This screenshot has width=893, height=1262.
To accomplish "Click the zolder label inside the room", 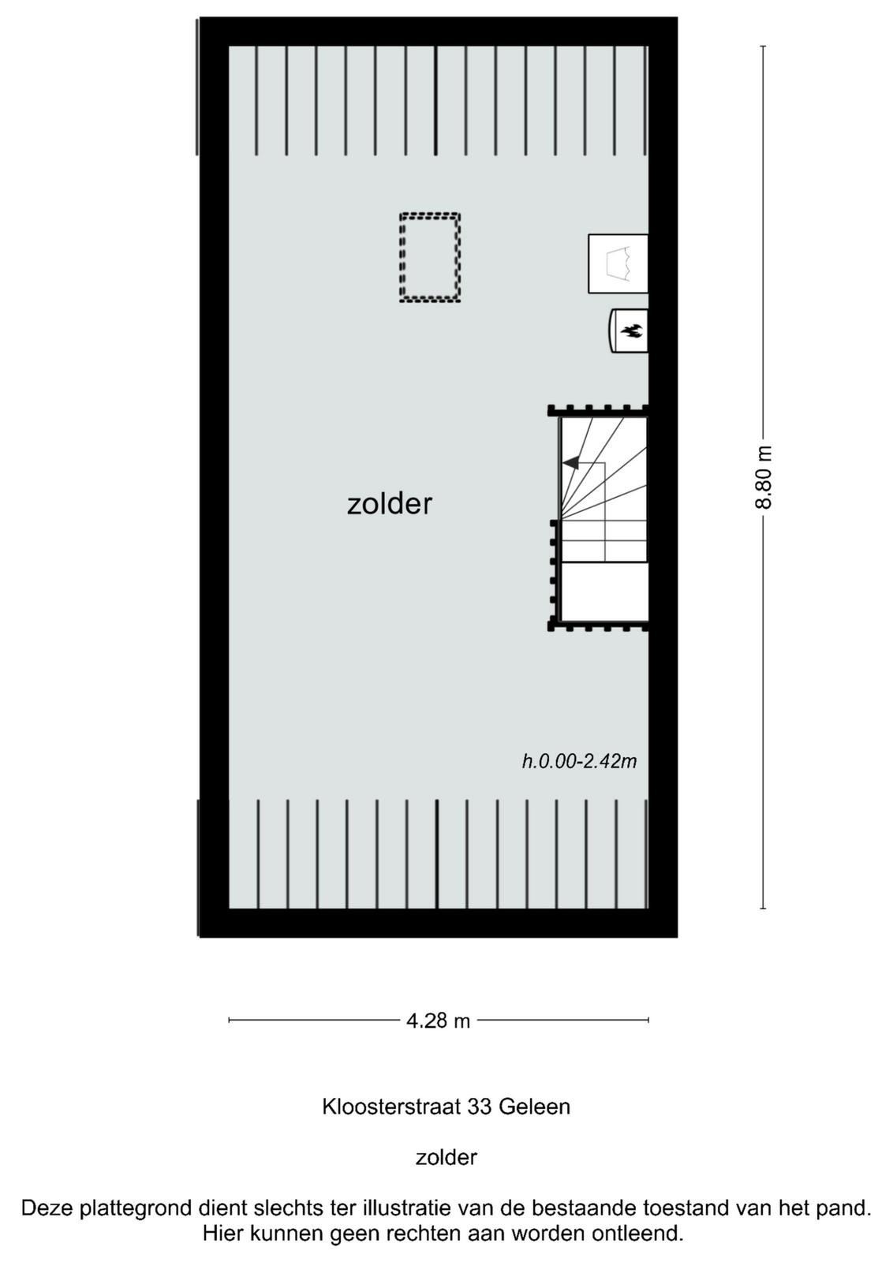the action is (x=390, y=504).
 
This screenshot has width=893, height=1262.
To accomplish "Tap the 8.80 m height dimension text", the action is (x=764, y=476).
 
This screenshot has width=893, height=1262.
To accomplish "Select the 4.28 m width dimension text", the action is (x=438, y=1021).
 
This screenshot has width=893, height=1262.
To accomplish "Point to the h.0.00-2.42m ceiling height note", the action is (x=579, y=761).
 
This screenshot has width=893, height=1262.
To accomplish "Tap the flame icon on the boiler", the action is (x=631, y=330).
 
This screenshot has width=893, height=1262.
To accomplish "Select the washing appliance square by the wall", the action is (x=618, y=263).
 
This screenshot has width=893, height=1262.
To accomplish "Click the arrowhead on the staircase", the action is (x=570, y=462).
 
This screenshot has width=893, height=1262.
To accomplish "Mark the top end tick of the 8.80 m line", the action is (x=764, y=47).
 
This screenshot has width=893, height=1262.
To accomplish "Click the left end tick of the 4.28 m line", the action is (x=229, y=1020).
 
